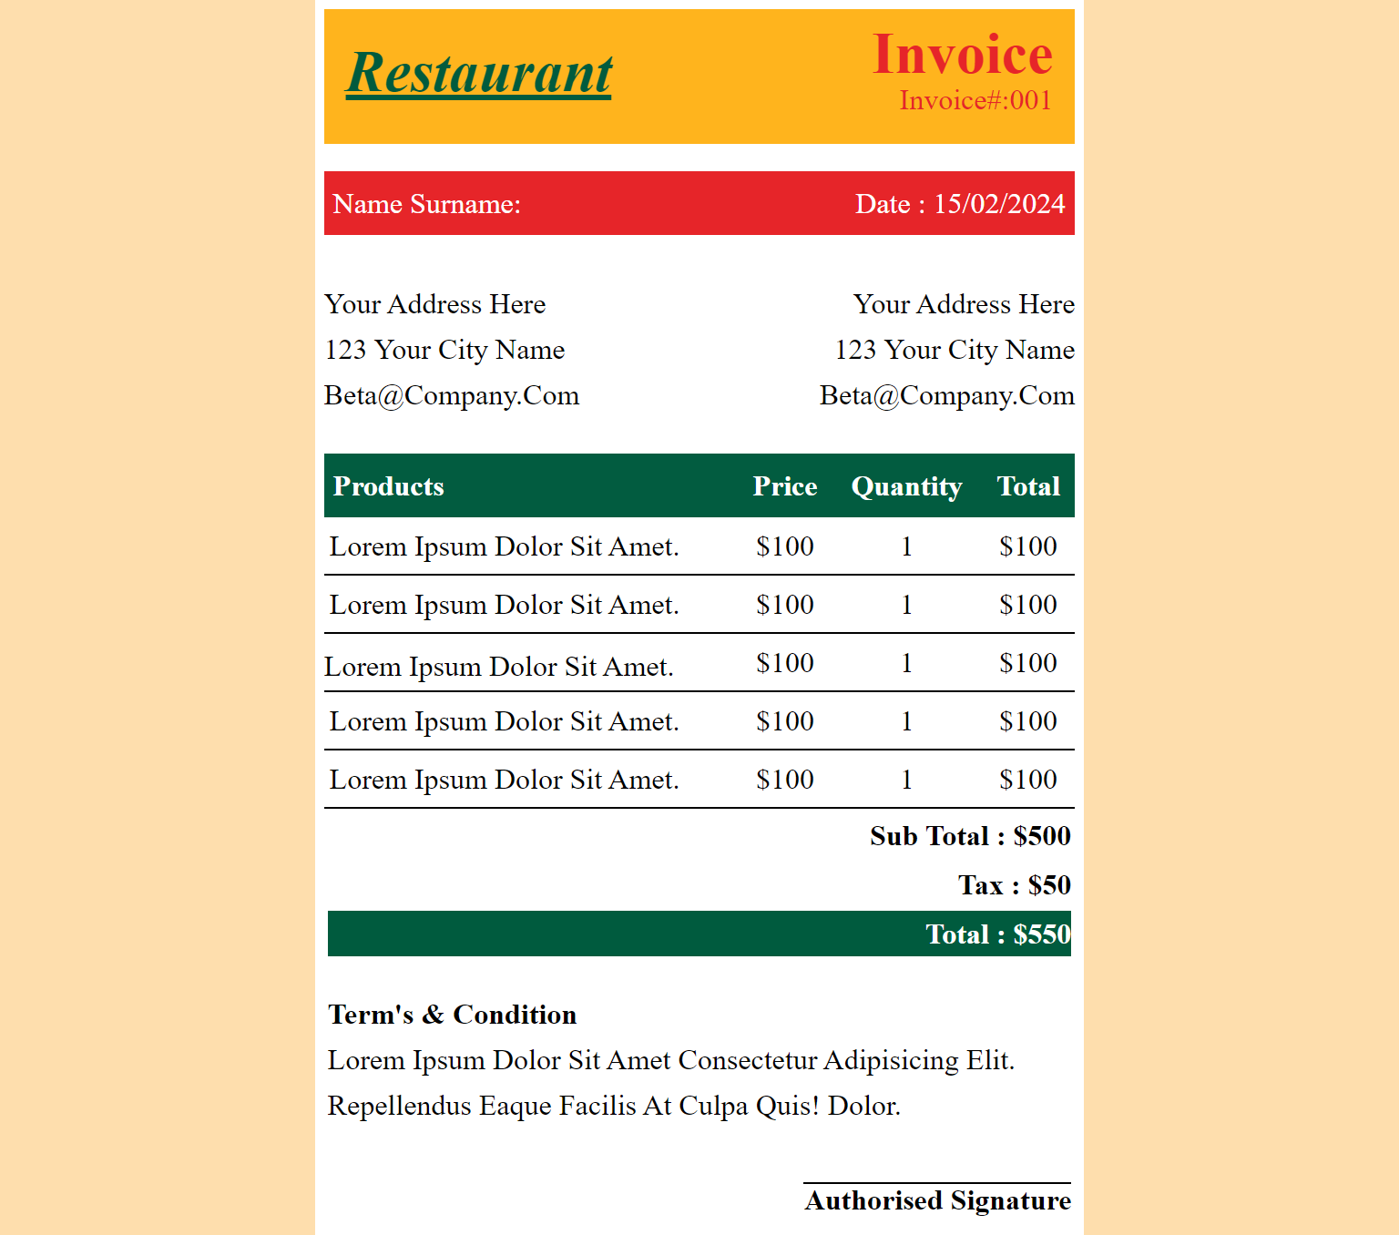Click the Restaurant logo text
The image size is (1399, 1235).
click(x=479, y=74)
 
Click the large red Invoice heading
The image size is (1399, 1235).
click(x=963, y=55)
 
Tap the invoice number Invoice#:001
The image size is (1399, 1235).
click(x=975, y=100)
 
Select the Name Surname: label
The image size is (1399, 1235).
click(x=426, y=204)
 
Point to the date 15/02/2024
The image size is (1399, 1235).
click(x=999, y=204)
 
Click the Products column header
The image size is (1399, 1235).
click(x=389, y=486)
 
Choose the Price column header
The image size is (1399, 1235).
click(x=785, y=486)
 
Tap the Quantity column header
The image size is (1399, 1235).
click(x=906, y=486)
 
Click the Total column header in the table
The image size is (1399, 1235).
click(x=1028, y=486)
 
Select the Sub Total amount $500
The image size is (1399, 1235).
click(x=1042, y=836)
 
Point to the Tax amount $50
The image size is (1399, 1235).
click(x=1049, y=885)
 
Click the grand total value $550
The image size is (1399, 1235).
click(x=1042, y=934)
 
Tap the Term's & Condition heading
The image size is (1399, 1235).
click(x=453, y=1015)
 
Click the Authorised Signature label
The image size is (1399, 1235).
click(x=938, y=1200)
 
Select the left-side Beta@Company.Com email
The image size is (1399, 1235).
click(x=452, y=395)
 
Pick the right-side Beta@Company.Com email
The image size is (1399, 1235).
click(x=947, y=395)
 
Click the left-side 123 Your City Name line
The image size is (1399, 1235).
click(x=444, y=350)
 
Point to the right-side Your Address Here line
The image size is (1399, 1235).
click(x=964, y=304)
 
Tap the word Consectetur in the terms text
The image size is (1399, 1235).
click(x=748, y=1060)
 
